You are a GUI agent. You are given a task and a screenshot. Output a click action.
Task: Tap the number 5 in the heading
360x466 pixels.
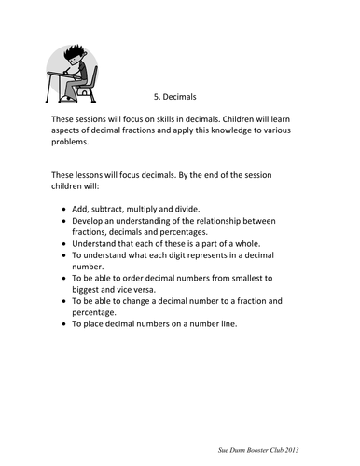pyautogui.click(x=154, y=94)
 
